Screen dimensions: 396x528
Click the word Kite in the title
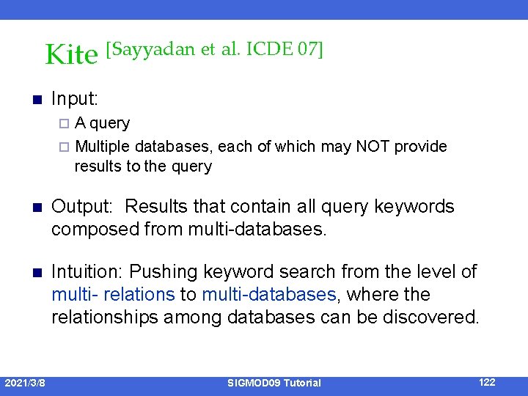coord(70,55)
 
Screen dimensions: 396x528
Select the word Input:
coord(76,98)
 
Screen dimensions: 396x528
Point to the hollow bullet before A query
coord(65,123)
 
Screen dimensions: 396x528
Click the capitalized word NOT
coord(373,147)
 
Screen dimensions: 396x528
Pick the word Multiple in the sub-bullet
coord(103,147)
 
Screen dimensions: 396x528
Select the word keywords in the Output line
coord(414,207)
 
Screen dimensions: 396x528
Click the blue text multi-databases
coord(268,295)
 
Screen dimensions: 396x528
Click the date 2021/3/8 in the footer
coord(25,383)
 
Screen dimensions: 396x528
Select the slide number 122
coord(487,382)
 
